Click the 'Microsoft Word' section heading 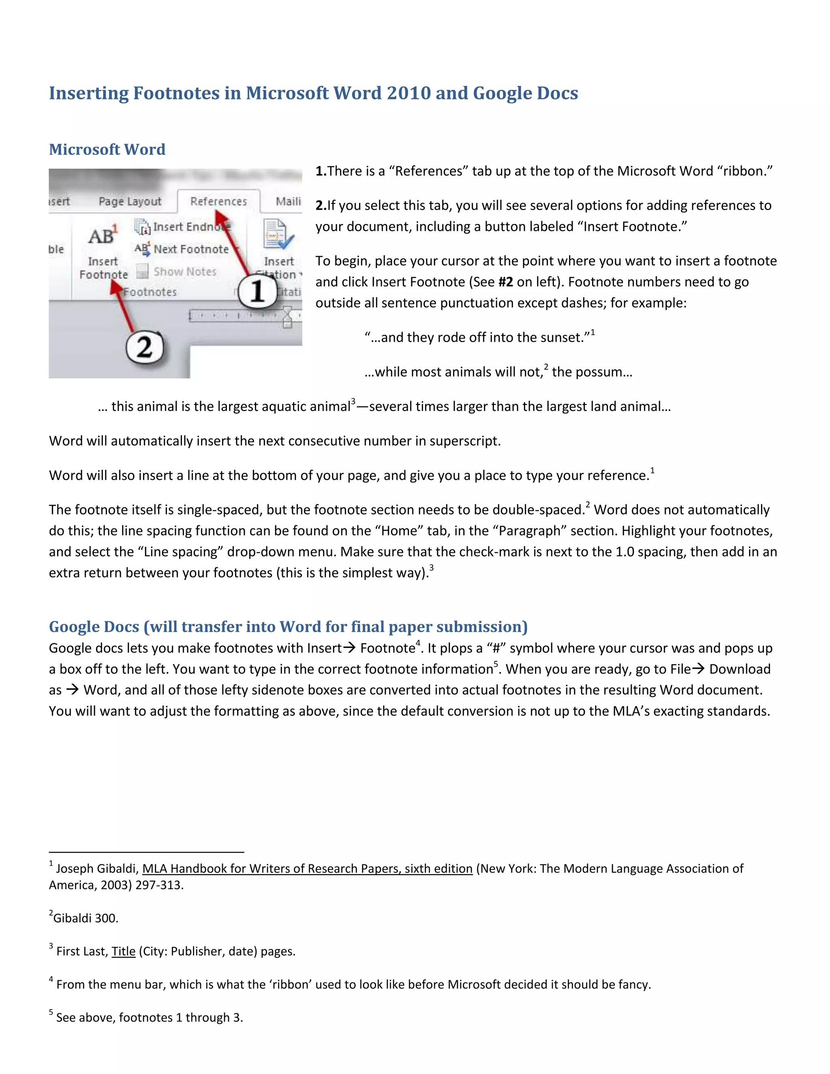107,149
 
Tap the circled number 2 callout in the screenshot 144,348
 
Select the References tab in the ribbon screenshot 218,201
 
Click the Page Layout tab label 130,201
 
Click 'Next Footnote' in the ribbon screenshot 191,249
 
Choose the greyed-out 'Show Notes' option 184,272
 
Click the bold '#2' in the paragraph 505,282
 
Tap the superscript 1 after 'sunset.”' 593,333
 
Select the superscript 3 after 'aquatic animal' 353,402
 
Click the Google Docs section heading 288,627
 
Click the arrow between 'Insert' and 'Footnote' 349,648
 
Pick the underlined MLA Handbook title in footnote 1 307,869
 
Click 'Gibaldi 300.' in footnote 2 86,918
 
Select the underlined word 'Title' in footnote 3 124,951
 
